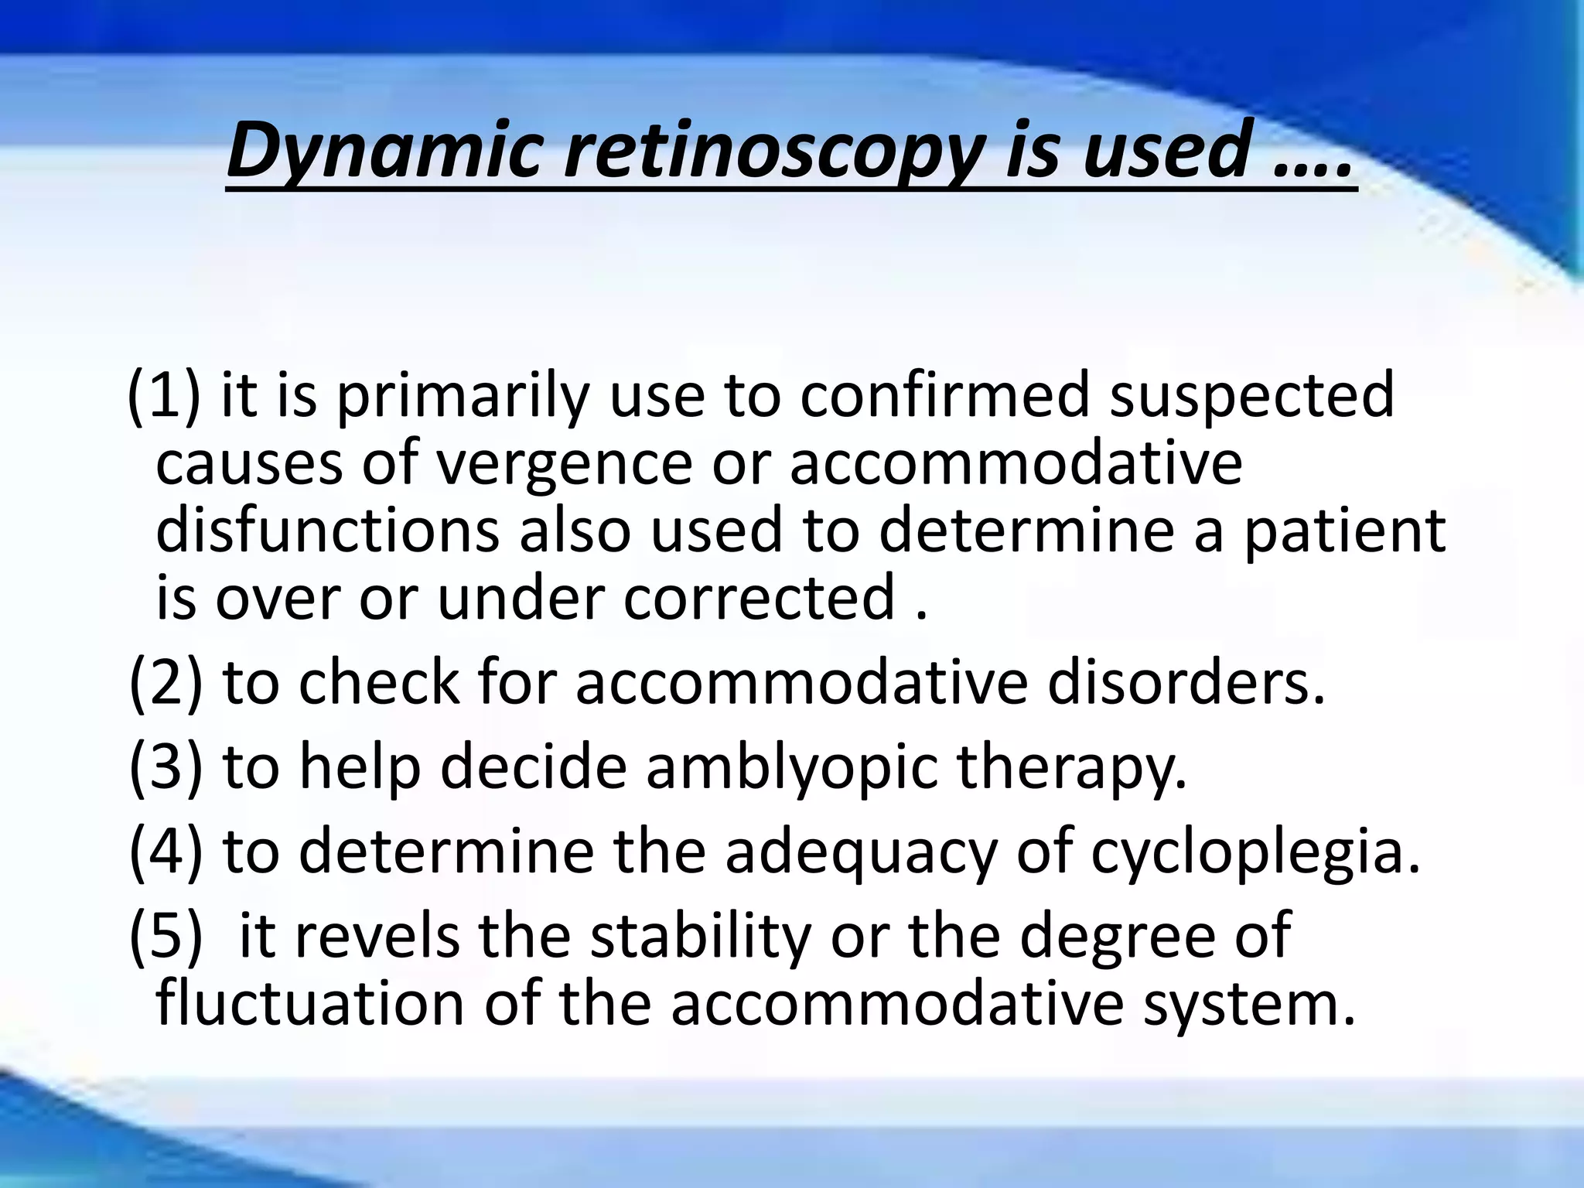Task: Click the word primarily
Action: click(460, 396)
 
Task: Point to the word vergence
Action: click(564, 464)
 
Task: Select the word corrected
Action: click(759, 599)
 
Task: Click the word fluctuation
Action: click(310, 1004)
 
